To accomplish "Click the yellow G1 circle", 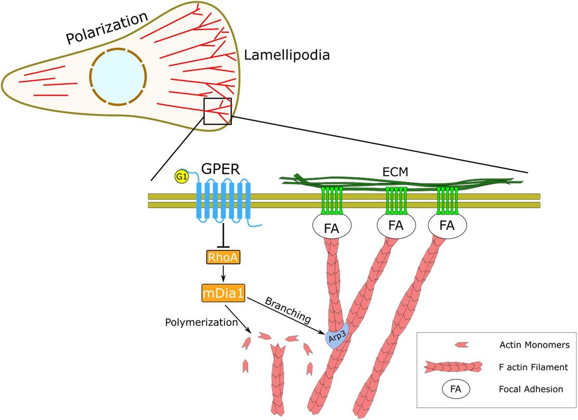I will pyautogui.click(x=181, y=177).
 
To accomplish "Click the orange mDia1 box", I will pyautogui.click(x=223, y=293).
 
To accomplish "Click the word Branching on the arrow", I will pyautogui.click(x=287, y=311).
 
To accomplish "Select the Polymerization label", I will pyautogui.click(x=201, y=322).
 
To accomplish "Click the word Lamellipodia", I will pyautogui.click(x=287, y=55).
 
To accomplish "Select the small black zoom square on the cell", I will pyautogui.click(x=218, y=111).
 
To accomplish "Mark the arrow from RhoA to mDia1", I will pyautogui.click(x=223, y=275).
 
